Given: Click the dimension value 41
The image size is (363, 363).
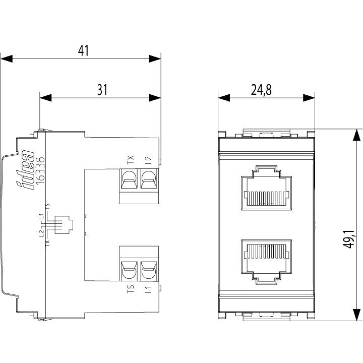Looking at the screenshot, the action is point(83,51).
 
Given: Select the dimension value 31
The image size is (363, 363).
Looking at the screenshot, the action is point(102,90).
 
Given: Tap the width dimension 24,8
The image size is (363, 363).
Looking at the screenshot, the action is point(261,90).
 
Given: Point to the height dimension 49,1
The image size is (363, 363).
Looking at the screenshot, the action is point(349,239).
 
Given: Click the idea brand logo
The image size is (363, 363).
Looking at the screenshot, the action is point(25,170).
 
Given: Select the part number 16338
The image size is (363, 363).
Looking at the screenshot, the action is point(40,171).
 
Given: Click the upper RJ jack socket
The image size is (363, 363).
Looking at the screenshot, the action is point(267,188).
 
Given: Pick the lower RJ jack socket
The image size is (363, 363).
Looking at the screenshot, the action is point(267,262).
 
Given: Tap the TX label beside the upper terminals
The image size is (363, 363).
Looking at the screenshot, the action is point(131,160).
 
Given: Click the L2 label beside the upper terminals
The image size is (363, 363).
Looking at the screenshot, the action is point(148,160).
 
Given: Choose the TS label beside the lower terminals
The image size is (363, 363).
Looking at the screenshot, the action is point(131,289).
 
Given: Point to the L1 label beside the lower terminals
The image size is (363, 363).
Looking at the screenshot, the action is point(148,289).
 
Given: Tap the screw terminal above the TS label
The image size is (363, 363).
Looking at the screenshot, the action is point(129,270).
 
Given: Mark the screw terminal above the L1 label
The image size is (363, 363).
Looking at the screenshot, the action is point(149,270).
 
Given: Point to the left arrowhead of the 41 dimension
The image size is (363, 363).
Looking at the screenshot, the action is point(7,58).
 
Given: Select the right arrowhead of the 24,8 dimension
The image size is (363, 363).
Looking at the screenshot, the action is point(309,98).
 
